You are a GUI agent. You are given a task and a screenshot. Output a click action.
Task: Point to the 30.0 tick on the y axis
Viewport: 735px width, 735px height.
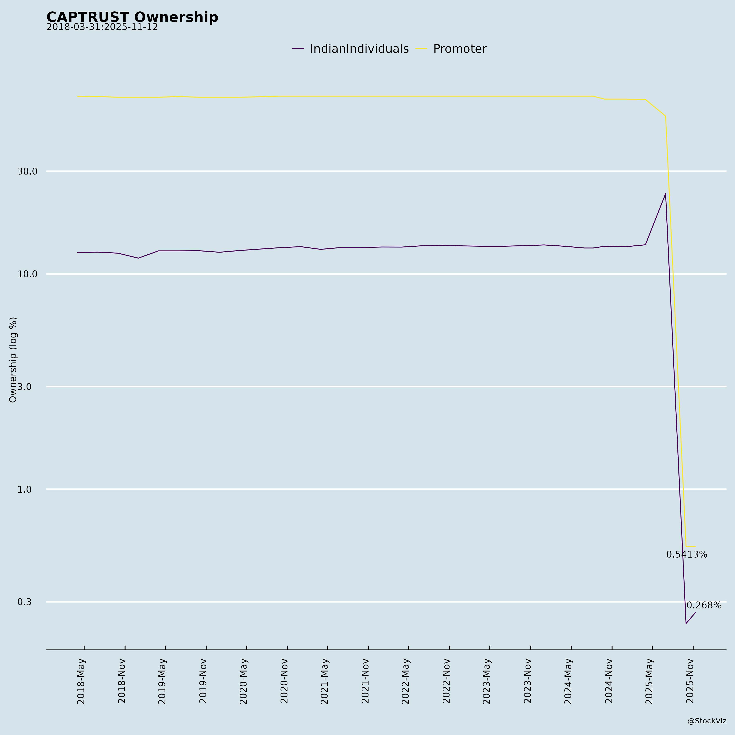pyautogui.click(x=27, y=171)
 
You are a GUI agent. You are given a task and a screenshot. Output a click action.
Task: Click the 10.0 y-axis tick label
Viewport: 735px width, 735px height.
pyautogui.click(x=27, y=274)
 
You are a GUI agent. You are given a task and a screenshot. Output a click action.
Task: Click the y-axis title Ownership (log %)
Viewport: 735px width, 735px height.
pyautogui.click(x=13, y=360)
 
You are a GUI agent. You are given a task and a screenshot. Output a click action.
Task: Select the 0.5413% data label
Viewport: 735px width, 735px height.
pyautogui.click(x=686, y=555)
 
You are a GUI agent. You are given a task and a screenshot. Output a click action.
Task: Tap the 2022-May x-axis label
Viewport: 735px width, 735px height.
pyautogui.click(x=406, y=681)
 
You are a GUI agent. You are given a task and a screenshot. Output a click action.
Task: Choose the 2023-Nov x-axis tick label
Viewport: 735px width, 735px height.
pyautogui.click(x=528, y=681)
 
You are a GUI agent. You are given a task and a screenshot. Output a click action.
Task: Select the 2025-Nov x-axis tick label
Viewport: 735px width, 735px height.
pyautogui.click(x=690, y=681)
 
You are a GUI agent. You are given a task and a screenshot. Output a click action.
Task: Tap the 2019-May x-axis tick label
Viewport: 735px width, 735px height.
pyautogui.click(x=163, y=681)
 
